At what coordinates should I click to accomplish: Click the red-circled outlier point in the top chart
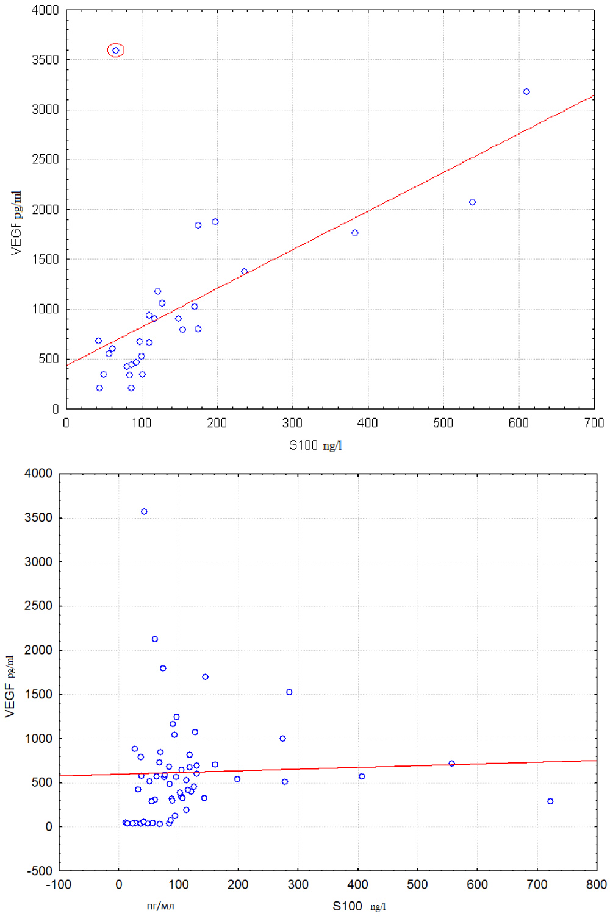[116, 51]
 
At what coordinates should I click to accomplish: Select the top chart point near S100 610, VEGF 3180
[526, 92]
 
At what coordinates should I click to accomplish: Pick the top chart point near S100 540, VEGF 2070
[472, 202]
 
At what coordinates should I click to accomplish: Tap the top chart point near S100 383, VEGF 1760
[355, 233]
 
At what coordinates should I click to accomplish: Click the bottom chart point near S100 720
[550, 801]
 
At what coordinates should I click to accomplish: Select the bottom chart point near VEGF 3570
[144, 512]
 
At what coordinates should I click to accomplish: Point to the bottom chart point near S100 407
[362, 776]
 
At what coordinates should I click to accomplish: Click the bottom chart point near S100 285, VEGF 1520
[289, 692]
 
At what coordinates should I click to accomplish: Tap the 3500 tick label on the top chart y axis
[46, 60]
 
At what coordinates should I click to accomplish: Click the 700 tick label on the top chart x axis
[594, 423]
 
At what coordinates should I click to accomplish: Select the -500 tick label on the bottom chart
[39, 871]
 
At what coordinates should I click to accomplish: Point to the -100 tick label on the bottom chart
[59, 885]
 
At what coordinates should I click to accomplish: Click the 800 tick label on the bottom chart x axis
[596, 885]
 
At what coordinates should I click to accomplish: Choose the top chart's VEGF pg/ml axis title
[16, 222]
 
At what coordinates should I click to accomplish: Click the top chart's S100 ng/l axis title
[315, 445]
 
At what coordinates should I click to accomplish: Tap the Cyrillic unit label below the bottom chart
[160, 906]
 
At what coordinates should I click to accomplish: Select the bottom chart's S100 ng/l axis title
[359, 906]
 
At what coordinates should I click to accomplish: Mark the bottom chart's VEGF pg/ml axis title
[10, 686]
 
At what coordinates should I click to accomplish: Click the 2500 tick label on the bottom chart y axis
[38, 606]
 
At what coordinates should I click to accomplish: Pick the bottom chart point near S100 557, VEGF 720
[451, 764]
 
